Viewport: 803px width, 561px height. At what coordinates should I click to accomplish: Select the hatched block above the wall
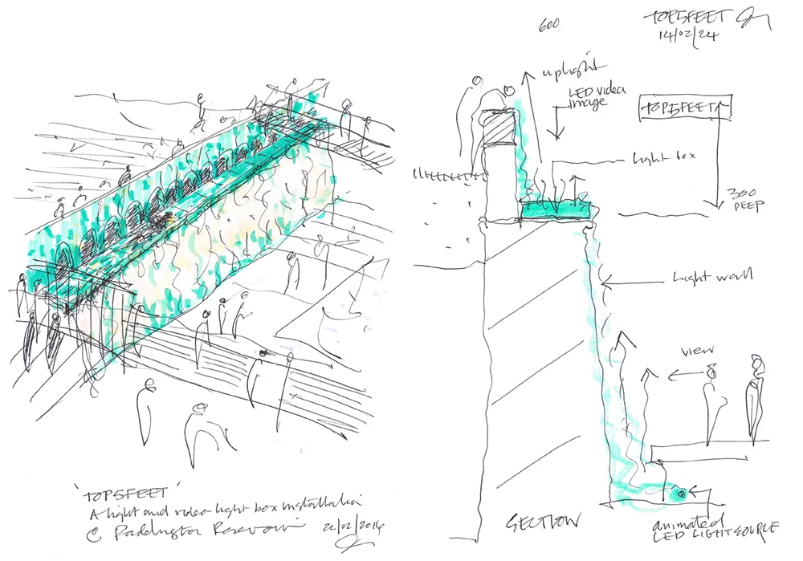tap(500, 125)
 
